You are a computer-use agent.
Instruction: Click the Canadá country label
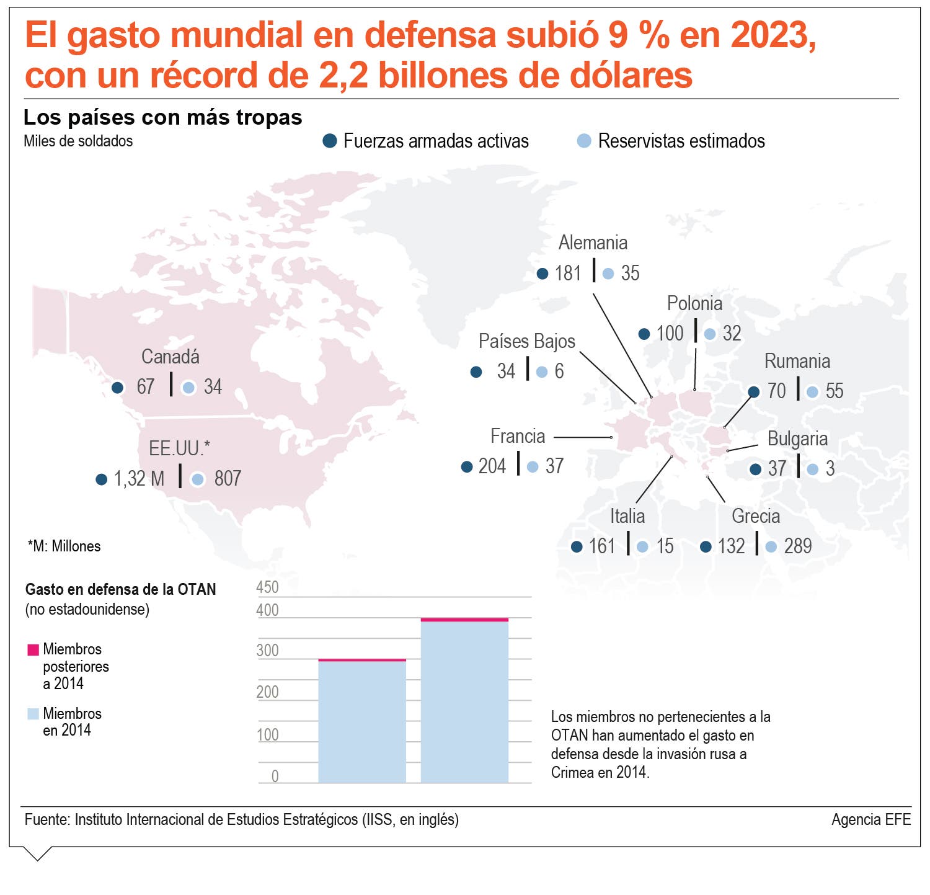coord(170,357)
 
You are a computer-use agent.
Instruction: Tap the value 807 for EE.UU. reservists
coord(228,478)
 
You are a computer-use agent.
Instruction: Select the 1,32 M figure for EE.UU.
coord(139,479)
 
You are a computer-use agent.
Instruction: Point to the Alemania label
coord(593,243)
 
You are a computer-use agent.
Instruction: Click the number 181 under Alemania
coord(568,273)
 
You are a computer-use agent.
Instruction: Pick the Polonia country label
coord(694,303)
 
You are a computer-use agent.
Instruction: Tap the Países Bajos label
coord(527,341)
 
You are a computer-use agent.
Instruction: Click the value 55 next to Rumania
coord(835,391)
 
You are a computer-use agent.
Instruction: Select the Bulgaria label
coord(797,439)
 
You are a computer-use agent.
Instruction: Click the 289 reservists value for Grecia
coord(798,546)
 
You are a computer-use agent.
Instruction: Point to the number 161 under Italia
coord(602,546)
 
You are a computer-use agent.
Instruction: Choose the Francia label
coord(518,436)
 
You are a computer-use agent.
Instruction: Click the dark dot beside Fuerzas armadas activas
coord(330,141)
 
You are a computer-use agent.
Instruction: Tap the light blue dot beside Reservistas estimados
coord(584,141)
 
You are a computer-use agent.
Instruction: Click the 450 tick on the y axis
coord(268,587)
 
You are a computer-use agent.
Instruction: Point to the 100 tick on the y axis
coord(268,735)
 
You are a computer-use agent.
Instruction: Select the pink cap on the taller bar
coord(464,620)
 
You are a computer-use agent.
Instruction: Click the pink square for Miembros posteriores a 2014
coord(33,650)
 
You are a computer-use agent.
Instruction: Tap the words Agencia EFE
coord(871,820)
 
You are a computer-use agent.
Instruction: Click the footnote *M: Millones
coord(64,546)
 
